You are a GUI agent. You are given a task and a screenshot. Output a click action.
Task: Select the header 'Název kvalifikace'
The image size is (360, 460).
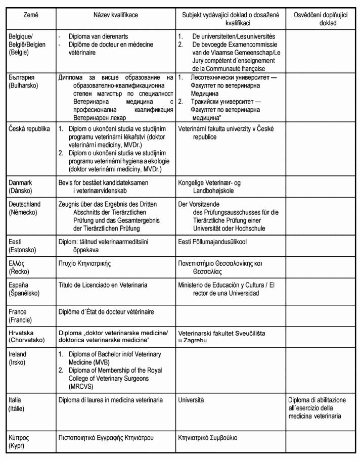(x=116, y=16)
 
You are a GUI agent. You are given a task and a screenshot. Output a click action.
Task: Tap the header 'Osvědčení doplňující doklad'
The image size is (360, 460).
(x=322, y=20)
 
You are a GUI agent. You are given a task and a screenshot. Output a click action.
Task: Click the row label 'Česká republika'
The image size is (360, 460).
(x=29, y=128)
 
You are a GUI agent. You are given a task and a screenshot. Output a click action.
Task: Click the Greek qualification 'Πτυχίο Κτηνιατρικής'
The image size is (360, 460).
(x=85, y=263)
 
